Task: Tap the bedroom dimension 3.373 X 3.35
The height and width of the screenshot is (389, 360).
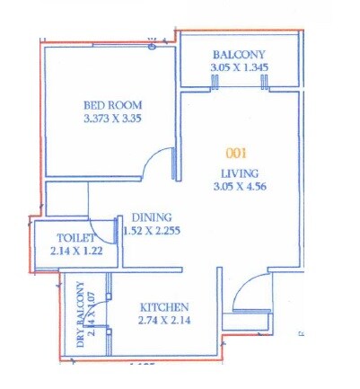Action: coord(108,119)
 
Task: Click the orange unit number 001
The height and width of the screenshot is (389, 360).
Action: coord(237,153)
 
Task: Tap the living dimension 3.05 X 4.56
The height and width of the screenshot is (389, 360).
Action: coord(241,186)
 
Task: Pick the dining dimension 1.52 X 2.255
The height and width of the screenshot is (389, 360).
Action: coord(158,230)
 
